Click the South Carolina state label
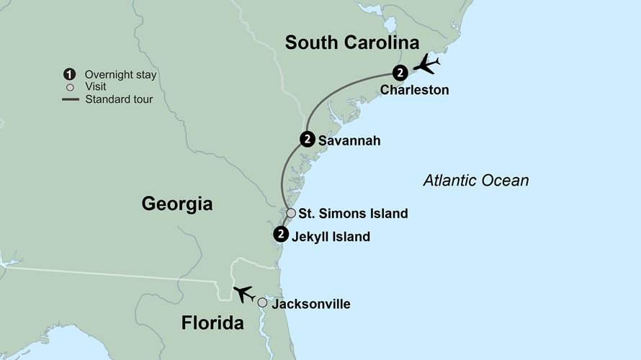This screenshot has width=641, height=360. pyautogui.click(x=351, y=42)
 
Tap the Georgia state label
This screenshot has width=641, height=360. pyautogui.click(x=176, y=204)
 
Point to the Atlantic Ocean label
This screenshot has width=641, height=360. pyautogui.click(x=475, y=181)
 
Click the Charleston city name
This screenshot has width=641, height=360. pyautogui.click(x=414, y=91)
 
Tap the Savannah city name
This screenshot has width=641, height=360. pyautogui.click(x=349, y=141)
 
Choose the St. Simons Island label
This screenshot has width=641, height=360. pyautogui.click(x=353, y=214)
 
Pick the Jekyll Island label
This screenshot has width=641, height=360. pyautogui.click(x=331, y=236)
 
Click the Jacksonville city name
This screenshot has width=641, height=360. pyautogui.click(x=310, y=305)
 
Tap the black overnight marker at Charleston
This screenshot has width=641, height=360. pyautogui.click(x=400, y=72)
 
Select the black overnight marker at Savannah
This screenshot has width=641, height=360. pyautogui.click(x=307, y=140)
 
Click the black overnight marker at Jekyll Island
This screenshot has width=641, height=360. pyautogui.click(x=281, y=234)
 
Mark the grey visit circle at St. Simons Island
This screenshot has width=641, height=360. pyautogui.click(x=291, y=213)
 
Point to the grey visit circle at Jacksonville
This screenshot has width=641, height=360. pyautogui.click(x=262, y=303)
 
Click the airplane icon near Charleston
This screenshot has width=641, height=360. pyautogui.click(x=427, y=65)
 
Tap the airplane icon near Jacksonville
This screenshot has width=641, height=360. pyautogui.click(x=243, y=294)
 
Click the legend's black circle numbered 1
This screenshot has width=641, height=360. pyautogui.click(x=70, y=74)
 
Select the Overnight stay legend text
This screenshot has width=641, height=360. pyautogui.click(x=120, y=75)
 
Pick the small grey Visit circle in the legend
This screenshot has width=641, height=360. pyautogui.click(x=70, y=87)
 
